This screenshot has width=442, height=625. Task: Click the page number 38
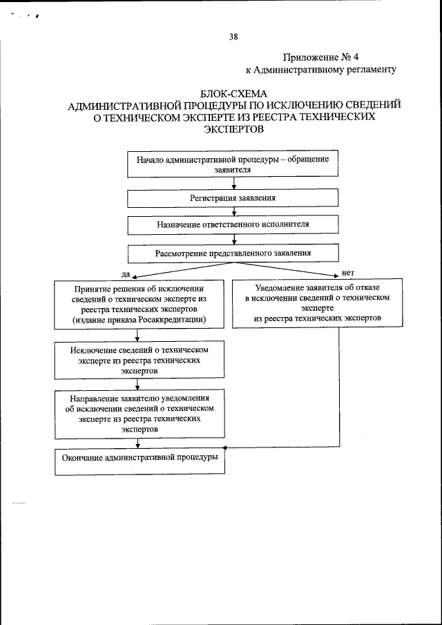click(x=233, y=37)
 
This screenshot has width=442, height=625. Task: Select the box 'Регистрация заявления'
click(x=233, y=198)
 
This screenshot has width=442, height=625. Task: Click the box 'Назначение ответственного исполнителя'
click(x=233, y=224)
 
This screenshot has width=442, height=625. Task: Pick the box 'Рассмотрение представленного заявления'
click(x=233, y=253)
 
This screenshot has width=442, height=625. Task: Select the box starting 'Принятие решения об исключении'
click(x=140, y=302)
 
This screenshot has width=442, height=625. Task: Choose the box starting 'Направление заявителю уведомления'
click(x=140, y=414)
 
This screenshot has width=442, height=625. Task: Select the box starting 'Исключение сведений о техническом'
click(x=140, y=360)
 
